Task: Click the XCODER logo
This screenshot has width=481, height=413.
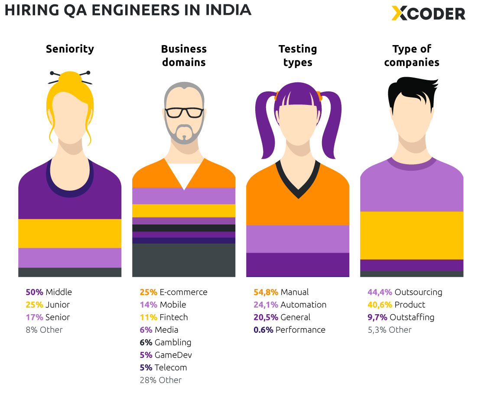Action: coord(428,13)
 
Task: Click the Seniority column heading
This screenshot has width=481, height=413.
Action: coord(70,49)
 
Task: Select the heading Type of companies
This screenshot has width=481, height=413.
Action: coord(412,55)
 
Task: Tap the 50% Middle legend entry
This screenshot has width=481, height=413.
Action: coord(49,292)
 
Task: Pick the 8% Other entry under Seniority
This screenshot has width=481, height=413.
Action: coord(44,330)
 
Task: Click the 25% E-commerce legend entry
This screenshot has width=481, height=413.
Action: coord(173,292)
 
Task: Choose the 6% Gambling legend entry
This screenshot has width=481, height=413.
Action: coord(165,342)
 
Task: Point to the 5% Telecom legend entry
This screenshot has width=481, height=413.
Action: coord(163,367)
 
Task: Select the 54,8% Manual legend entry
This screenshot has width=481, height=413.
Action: coord(281,292)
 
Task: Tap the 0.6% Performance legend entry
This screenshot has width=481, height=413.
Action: coord(289,330)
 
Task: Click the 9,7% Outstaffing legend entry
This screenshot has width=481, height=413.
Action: coord(401,317)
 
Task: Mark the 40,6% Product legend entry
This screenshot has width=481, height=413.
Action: coord(396,305)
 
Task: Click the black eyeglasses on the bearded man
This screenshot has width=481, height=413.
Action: coord(184,112)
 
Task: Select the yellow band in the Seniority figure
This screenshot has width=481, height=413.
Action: coord(70,233)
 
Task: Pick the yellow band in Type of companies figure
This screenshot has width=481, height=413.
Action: coord(412,235)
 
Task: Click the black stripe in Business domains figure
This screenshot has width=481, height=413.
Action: coord(184,228)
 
